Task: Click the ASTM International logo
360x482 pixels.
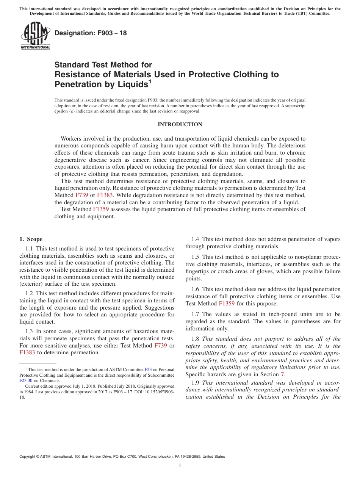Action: click(35, 36)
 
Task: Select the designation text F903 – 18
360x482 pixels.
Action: click(91, 33)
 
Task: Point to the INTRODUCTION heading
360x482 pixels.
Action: click(180, 125)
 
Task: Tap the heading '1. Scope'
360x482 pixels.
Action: click(31, 239)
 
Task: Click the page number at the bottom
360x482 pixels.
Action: click(180, 466)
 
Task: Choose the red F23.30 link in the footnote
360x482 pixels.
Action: click(26, 380)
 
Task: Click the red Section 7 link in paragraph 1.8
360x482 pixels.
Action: click(282, 374)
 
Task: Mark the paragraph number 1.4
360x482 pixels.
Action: click(196, 239)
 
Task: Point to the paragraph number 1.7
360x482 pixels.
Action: click(196, 314)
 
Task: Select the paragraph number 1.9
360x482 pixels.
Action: click(196, 382)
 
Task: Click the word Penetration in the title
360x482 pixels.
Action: click(76, 84)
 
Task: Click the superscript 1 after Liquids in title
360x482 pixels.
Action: click(150, 81)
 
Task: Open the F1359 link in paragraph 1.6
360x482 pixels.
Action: click(227, 304)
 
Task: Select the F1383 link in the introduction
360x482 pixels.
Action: click(105, 195)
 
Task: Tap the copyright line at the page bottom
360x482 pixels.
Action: click(122, 457)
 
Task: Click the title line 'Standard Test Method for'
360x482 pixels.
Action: click(103, 65)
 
